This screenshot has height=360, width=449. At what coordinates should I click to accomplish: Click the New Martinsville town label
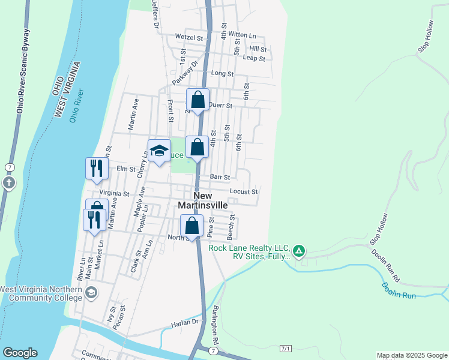[203, 200]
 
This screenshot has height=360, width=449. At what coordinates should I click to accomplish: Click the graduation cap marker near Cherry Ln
[159, 151]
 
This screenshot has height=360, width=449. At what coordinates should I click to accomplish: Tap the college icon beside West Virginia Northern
[91, 293]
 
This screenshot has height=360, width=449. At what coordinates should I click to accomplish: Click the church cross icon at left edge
[8, 182]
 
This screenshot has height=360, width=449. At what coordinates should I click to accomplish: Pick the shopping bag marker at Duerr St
[197, 100]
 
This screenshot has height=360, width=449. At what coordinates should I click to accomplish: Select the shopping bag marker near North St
[191, 226]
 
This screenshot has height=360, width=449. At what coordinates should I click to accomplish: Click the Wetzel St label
[189, 37]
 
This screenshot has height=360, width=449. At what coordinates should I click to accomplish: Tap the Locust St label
[244, 192]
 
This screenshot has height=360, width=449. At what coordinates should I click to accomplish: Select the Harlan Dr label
[183, 323]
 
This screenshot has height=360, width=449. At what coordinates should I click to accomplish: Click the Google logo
[20, 353]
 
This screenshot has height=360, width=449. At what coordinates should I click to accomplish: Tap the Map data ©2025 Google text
[412, 355]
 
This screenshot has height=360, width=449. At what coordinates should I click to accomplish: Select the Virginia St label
[114, 194]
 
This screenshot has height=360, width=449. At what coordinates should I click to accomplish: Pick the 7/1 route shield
[285, 349]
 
